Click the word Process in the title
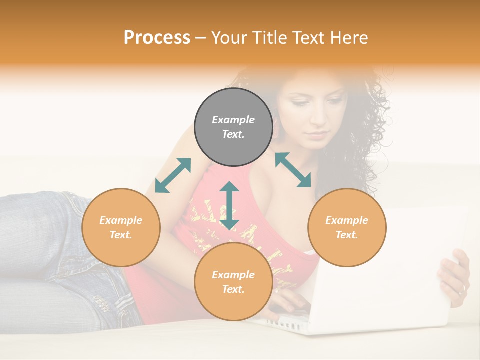(157, 37)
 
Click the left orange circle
(121, 250)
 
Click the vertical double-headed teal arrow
(229, 205)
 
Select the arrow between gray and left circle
(173, 175)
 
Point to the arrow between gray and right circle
(293, 170)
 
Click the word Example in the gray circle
(233, 120)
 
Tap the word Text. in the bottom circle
(233, 289)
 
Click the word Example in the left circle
(121, 220)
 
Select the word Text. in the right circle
(347, 235)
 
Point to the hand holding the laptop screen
(455, 277)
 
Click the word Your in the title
(230, 37)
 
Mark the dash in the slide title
(201, 38)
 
